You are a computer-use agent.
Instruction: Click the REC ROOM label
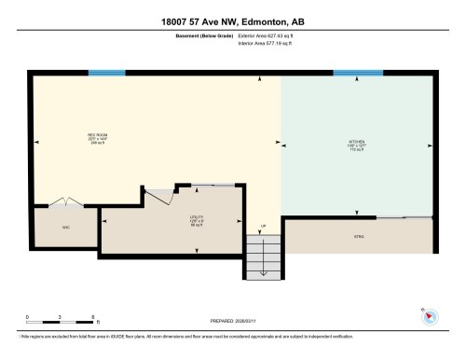(x=93, y=138)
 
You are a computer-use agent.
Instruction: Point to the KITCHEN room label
(x=357, y=142)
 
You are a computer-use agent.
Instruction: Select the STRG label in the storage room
(x=358, y=237)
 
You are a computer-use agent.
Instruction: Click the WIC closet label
(x=65, y=227)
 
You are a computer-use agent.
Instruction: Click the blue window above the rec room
(x=106, y=73)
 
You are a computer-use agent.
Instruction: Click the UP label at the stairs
(x=263, y=226)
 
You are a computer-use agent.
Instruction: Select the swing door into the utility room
(x=164, y=194)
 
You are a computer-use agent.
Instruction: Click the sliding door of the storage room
(x=404, y=216)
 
